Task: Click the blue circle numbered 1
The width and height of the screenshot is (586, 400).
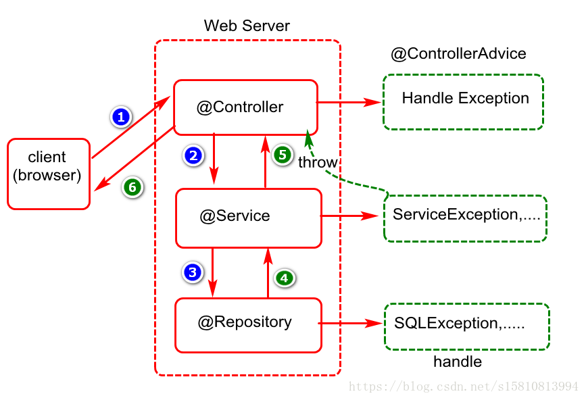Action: pos(121,117)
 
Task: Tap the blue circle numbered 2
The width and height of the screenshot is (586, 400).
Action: pos(193,155)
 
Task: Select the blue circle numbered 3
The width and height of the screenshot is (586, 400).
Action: pos(193,272)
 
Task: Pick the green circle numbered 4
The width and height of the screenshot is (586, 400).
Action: pos(285,278)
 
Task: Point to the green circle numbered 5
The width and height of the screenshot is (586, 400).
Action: pos(283,155)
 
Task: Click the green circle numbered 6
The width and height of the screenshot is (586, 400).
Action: pos(132,186)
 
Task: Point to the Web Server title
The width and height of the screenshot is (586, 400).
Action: pos(247,26)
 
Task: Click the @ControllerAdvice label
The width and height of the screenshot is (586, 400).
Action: pos(458,53)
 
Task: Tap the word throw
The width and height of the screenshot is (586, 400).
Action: pos(318,162)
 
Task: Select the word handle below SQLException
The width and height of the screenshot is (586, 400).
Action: pos(458,361)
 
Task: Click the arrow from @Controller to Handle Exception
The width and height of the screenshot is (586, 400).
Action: pos(349,102)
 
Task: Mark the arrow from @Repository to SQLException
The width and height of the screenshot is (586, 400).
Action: pos(351,323)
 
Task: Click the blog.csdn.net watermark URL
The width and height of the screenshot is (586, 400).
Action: pos(464,386)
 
